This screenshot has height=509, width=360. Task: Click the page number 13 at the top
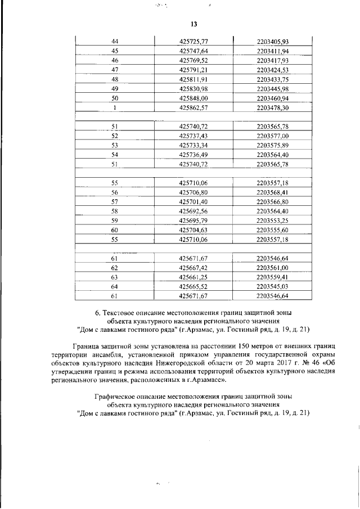194,24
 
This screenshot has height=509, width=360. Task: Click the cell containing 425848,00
193,98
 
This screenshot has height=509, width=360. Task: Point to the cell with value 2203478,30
272,107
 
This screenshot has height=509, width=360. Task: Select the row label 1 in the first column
115,107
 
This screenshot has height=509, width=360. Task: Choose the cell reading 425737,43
193,136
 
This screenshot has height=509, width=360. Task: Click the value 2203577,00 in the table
272,136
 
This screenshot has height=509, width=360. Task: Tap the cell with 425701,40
193,201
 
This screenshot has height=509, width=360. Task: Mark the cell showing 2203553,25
272,220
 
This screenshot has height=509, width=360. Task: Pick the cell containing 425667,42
193,268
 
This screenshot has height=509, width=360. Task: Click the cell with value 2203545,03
272,286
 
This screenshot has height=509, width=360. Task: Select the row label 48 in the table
115,79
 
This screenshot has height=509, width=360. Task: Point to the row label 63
115,277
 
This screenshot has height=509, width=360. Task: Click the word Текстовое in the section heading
122,312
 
